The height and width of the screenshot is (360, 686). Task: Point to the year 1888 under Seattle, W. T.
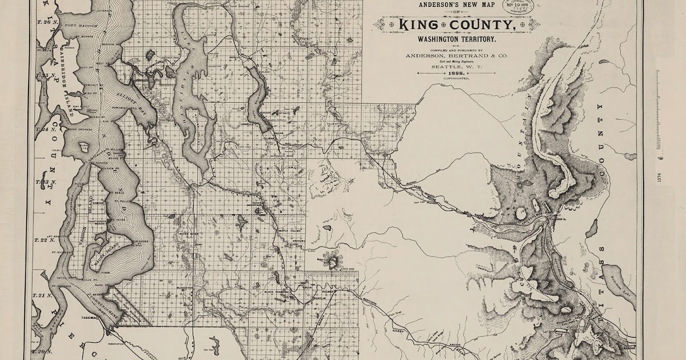pos(455,74)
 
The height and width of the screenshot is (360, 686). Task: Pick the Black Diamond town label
pos(277,292)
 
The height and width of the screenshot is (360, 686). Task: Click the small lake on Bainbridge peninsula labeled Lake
pos(84,147)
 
